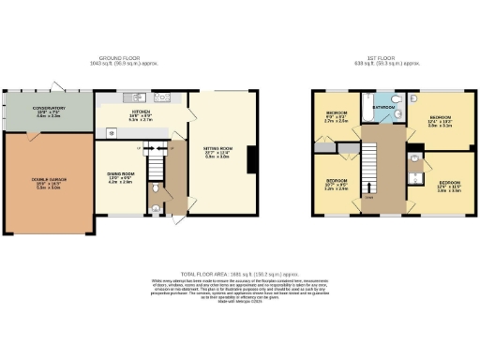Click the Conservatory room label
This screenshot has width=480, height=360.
[x=48, y=111]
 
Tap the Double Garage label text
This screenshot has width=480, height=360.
[x=48, y=181]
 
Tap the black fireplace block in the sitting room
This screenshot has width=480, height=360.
[x=251, y=162]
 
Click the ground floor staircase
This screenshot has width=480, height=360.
[x=171, y=169]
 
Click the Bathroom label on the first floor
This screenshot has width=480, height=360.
[x=381, y=107]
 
